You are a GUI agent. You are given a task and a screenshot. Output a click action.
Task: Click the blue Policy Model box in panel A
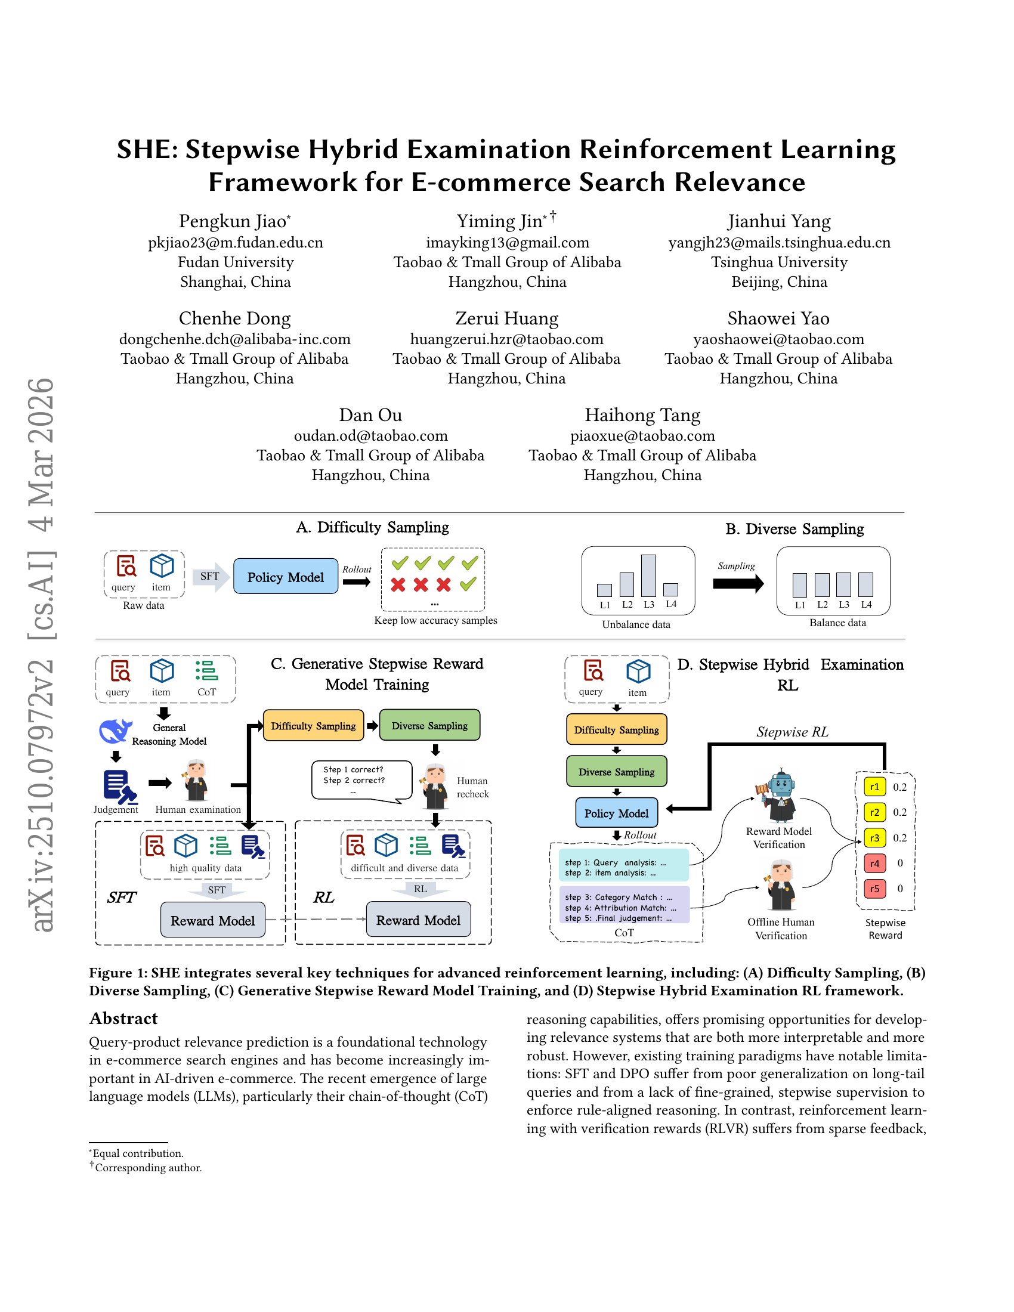coord(285,576)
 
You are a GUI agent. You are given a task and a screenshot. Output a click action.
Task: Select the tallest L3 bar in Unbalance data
coord(648,575)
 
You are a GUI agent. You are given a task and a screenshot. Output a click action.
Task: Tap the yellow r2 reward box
coord(874,812)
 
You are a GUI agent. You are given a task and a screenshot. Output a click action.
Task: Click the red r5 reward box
coord(874,889)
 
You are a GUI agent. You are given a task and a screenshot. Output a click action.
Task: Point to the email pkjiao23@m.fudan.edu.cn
coord(236,243)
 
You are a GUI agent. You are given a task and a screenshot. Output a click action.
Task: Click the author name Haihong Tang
coord(642,415)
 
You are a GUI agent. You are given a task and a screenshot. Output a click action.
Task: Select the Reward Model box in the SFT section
coord(213,920)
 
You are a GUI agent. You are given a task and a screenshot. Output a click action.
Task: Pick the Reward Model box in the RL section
coord(418,920)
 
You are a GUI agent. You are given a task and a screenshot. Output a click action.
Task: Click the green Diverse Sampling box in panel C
coord(429,725)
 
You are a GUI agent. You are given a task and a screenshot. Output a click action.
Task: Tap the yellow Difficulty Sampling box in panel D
coord(616,729)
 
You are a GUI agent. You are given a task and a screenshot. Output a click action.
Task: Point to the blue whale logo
coord(115,731)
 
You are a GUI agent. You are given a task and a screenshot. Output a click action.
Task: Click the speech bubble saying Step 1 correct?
coord(361,780)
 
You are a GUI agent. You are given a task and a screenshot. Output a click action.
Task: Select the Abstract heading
coord(123,1019)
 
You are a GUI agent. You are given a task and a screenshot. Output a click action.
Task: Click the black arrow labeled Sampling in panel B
coord(738,583)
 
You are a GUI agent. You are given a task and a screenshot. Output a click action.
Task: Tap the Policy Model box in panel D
coord(616,813)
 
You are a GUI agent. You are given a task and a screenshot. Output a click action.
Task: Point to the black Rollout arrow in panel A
coord(356,581)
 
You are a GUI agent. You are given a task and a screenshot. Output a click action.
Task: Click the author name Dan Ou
coord(370,415)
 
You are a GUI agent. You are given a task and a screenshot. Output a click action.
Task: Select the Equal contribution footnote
coord(138,1153)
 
